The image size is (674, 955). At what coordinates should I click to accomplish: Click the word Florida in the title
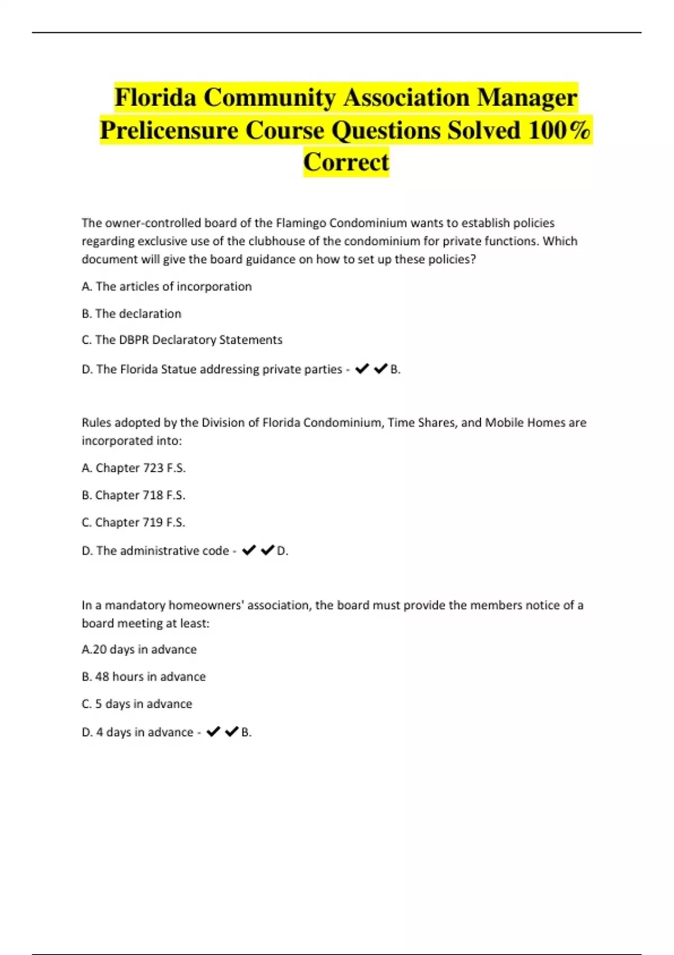coord(155,97)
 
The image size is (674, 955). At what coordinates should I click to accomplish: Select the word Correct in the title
coord(346,162)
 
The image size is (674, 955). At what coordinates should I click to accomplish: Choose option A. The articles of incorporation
coord(167,286)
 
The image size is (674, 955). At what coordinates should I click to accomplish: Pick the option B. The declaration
coord(131,313)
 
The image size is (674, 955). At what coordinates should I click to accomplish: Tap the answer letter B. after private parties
coord(395,370)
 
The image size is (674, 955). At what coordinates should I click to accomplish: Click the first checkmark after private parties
coord(362,369)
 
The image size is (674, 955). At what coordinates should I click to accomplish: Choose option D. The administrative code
coord(156,551)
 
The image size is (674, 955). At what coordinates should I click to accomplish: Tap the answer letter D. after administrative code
coord(283,551)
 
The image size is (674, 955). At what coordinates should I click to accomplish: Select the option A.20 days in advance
coord(139,649)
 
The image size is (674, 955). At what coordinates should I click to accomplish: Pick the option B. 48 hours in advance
coord(144,676)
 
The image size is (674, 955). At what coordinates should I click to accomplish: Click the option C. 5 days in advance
coord(137,704)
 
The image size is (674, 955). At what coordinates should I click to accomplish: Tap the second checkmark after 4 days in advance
coord(231,731)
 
